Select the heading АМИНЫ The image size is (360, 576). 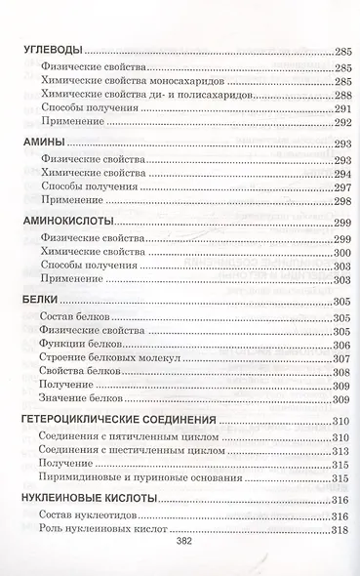pos(40,144)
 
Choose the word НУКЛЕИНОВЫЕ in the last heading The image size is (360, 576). pos(62,498)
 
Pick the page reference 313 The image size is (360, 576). pos(340,452)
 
